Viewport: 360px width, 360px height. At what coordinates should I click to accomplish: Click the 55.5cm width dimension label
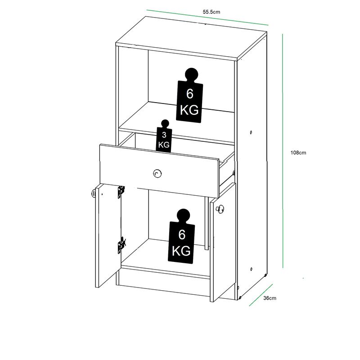pos(211,12)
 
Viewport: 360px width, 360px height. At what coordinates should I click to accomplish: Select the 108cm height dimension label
pos(298,153)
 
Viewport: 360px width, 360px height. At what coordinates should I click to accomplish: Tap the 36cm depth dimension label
pos(270,298)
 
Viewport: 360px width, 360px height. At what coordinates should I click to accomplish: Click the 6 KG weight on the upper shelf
pos(189,95)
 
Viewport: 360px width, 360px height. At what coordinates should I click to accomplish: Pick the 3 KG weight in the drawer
pos(164,136)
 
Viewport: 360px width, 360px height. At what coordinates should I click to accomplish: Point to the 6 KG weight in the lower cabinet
pos(181,236)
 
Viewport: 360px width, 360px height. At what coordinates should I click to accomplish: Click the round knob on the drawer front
pos(157,174)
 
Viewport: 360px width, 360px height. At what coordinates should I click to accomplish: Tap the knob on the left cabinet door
pos(94,193)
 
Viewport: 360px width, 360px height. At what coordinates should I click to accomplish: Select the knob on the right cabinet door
pos(220,209)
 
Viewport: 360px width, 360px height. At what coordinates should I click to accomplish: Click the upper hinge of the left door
pos(121,192)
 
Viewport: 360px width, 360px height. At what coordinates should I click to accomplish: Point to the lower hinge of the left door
pos(121,245)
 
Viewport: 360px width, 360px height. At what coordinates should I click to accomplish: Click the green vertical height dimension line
pos(283,151)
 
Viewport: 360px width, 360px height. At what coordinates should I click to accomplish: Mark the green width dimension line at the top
pos(207,18)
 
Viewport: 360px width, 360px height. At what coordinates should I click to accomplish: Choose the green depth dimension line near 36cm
pos(261,295)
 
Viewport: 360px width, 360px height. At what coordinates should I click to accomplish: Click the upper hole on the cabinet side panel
pos(251,132)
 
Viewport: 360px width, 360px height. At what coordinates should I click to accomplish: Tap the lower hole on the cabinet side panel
pos(252,269)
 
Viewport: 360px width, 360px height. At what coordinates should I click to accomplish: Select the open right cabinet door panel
pos(223,241)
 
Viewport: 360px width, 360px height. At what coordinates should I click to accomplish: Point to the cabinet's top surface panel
pos(191,37)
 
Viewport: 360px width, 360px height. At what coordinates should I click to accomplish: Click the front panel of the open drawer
pos(159,171)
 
